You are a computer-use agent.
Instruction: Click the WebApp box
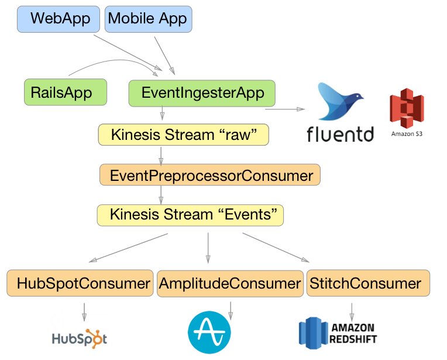[x=60, y=18]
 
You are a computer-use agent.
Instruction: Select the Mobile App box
[x=149, y=18]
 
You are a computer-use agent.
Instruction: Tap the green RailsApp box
[x=66, y=92]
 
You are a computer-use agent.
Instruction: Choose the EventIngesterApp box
[x=202, y=92]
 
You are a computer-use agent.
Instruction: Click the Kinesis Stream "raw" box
[x=183, y=135]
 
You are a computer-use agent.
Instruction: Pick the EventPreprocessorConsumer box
[x=211, y=174]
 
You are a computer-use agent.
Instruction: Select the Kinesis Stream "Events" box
[x=190, y=214]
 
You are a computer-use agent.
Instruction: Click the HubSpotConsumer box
[x=80, y=284]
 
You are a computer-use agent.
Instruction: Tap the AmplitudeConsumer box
[x=229, y=284]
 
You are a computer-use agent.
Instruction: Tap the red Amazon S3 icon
[x=407, y=109]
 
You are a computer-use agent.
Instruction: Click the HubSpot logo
[x=80, y=338]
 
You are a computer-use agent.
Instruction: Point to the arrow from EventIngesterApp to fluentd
[x=284, y=109]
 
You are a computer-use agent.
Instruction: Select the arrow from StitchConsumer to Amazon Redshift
[x=352, y=310]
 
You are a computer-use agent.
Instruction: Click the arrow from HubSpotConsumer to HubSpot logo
[x=84, y=310]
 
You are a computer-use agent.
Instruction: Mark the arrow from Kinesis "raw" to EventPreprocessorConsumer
[x=161, y=155]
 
